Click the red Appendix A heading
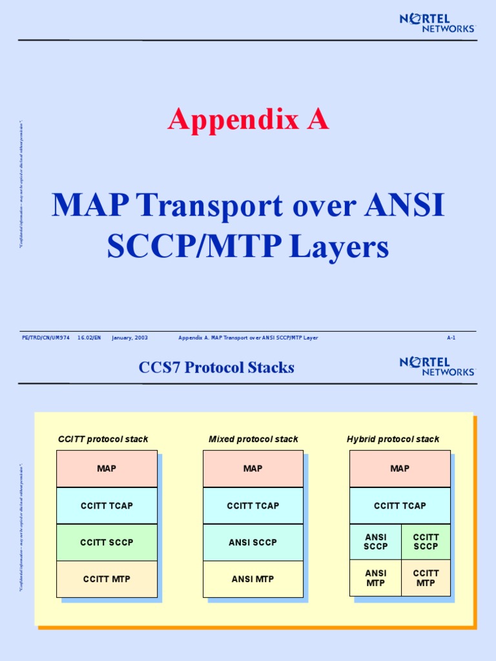pyautogui.click(x=248, y=120)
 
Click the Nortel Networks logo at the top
pyautogui.click(x=437, y=23)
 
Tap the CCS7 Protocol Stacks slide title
pyautogui.click(x=216, y=368)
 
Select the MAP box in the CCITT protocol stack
pyautogui.click(x=107, y=469)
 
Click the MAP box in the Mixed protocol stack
pyautogui.click(x=253, y=469)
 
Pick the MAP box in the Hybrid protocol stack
pyautogui.click(x=400, y=469)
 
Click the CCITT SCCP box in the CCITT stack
pyautogui.click(x=107, y=542)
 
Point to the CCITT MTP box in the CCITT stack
pyautogui.click(x=107, y=579)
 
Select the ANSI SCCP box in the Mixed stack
pyautogui.click(x=253, y=542)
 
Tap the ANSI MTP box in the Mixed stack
pyautogui.click(x=253, y=579)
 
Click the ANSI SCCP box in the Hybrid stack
pyautogui.click(x=375, y=542)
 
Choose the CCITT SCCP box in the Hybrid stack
pyautogui.click(x=426, y=542)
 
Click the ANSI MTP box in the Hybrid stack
pyautogui.click(x=375, y=578)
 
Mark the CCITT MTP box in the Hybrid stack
pyautogui.click(x=426, y=578)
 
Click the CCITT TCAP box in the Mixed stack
pyautogui.click(x=253, y=505)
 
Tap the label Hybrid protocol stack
pyautogui.click(x=393, y=439)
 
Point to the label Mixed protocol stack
pyautogui.click(x=253, y=439)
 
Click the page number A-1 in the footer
pyautogui.click(x=451, y=338)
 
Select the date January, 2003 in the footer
pyautogui.click(x=130, y=338)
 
